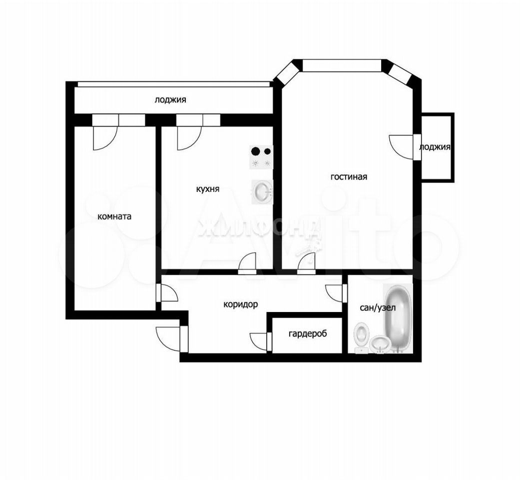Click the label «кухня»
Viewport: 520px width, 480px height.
click(x=208, y=189)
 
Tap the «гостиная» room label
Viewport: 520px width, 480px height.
click(x=349, y=176)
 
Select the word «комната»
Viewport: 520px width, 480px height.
click(x=114, y=216)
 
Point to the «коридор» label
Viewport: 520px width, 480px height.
click(x=240, y=304)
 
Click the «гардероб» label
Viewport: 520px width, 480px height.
click(x=308, y=333)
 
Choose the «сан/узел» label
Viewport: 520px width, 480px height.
click(x=378, y=307)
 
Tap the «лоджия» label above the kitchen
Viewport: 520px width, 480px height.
click(x=170, y=99)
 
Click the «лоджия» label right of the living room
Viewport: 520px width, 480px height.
click(x=435, y=147)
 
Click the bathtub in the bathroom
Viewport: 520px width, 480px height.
click(x=398, y=317)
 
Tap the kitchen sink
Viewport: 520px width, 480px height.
click(x=262, y=192)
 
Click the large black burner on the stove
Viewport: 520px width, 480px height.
click(x=255, y=151)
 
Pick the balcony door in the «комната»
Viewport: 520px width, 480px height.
click(x=105, y=138)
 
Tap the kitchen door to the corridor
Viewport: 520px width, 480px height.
click(x=248, y=263)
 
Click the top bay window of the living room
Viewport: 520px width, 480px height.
click(x=342, y=65)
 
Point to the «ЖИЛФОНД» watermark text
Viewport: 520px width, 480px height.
click(x=258, y=228)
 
